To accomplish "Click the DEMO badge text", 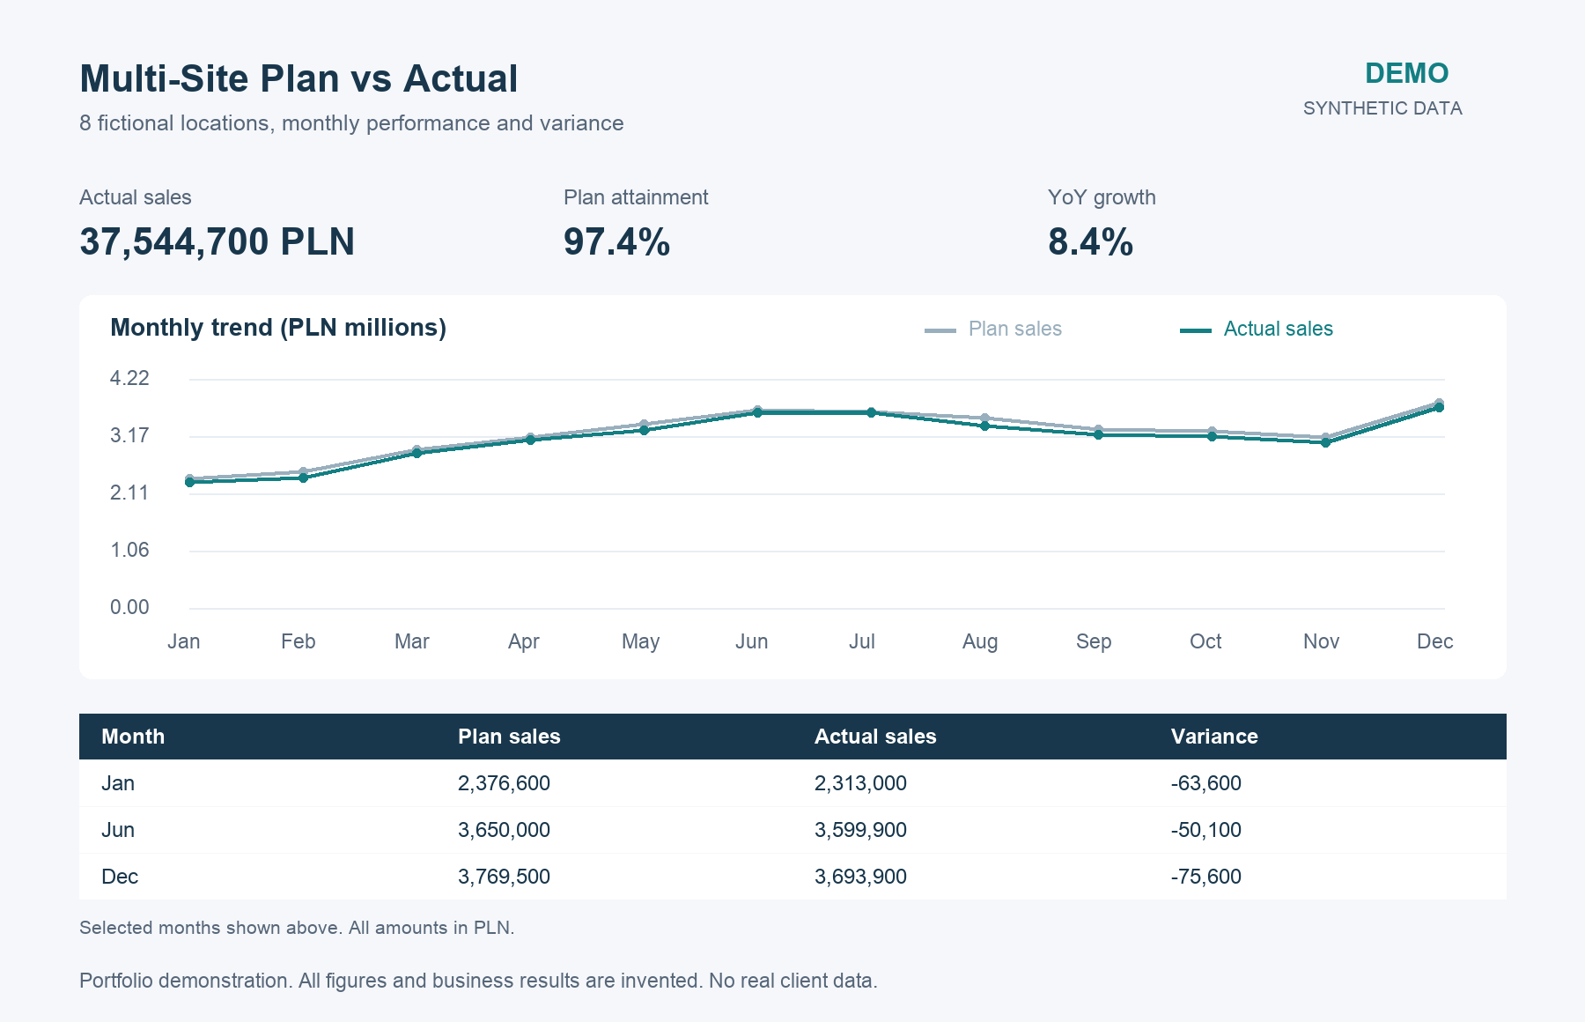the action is [x=1406, y=73].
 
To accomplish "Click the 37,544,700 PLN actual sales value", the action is [x=217, y=241].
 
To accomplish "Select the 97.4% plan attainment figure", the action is [x=616, y=241].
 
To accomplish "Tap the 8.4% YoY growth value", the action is [x=1090, y=241].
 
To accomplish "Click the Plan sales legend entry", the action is [x=993, y=329].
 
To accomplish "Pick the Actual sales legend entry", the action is [x=1257, y=329].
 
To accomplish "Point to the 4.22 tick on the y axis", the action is [x=129, y=379].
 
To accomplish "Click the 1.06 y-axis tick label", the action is [x=129, y=551].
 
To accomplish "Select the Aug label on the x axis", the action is [x=980, y=641].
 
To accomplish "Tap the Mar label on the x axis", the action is [x=411, y=641].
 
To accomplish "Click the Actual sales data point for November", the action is [x=1325, y=442].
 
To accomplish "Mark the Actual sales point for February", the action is [x=303, y=478].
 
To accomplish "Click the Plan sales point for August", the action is [x=984, y=418].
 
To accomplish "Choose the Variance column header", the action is [x=1214, y=737].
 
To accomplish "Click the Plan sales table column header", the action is [x=509, y=737].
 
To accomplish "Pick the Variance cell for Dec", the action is [x=1206, y=877].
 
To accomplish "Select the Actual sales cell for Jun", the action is [x=860, y=830].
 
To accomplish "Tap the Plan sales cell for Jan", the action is [x=504, y=783].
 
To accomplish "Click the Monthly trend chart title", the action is [x=278, y=328].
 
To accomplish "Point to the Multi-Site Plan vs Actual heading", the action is [x=299, y=78].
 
